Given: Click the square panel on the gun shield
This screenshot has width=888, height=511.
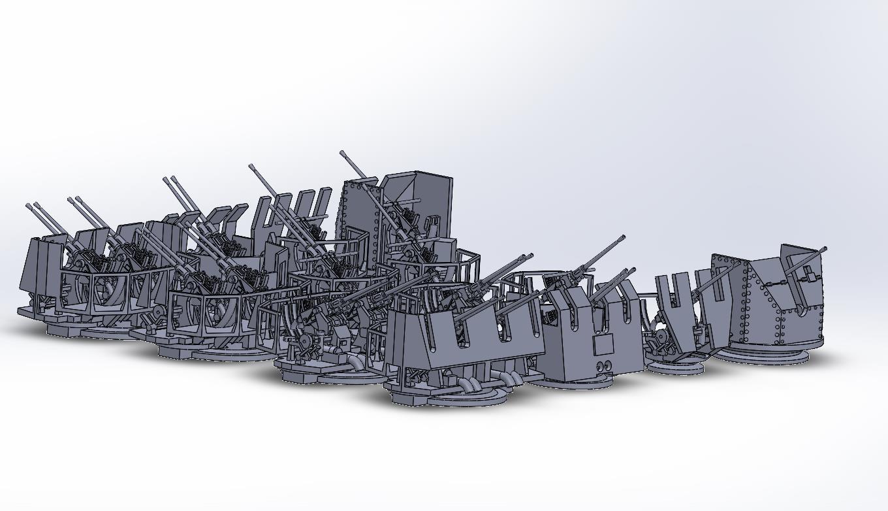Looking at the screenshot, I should [603, 344].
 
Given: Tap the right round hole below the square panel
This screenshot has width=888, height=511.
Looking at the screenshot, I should [609, 365].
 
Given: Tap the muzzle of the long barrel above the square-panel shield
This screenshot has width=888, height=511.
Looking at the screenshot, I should [623, 238].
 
